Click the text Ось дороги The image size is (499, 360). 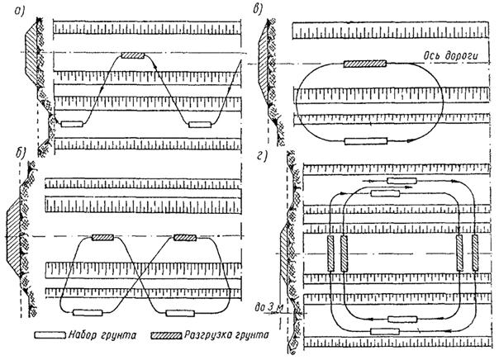click(444, 54)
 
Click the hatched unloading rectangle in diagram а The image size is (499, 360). click(133, 55)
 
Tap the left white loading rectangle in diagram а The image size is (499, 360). click(71, 125)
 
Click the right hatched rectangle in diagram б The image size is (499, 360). click(184, 238)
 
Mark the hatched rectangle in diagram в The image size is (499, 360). click(365, 63)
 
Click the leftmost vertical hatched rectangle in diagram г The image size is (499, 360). click(330, 252)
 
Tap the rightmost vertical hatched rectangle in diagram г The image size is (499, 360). click(475, 252)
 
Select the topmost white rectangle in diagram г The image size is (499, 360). click(402, 179)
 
